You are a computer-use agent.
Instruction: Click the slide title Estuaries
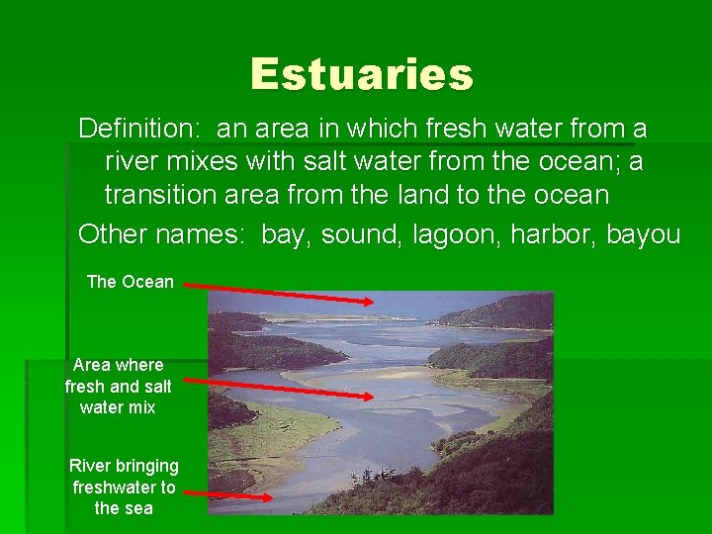[x=362, y=74]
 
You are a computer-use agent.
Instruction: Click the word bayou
[x=643, y=234]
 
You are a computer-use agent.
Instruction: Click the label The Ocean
[x=130, y=282]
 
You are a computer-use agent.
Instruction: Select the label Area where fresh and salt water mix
[x=118, y=386]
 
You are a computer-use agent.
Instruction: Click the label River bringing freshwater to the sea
[x=124, y=487]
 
